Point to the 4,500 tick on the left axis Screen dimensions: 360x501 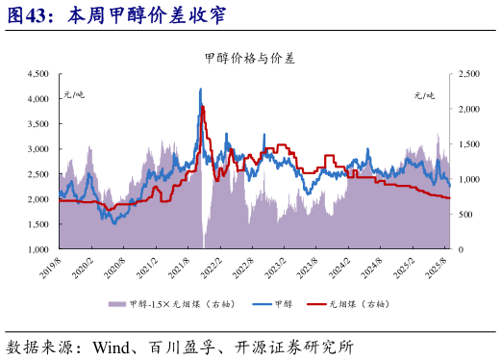coord(38,73)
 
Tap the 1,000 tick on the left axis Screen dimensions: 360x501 coord(38,249)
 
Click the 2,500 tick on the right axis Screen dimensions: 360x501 coord(469,73)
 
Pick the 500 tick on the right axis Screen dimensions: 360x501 coord(465,215)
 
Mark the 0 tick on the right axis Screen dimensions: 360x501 coord(460,249)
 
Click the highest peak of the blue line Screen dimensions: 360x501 coord(200,89)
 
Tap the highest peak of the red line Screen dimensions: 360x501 coord(202,106)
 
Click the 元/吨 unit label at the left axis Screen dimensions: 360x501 coord(74,94)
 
